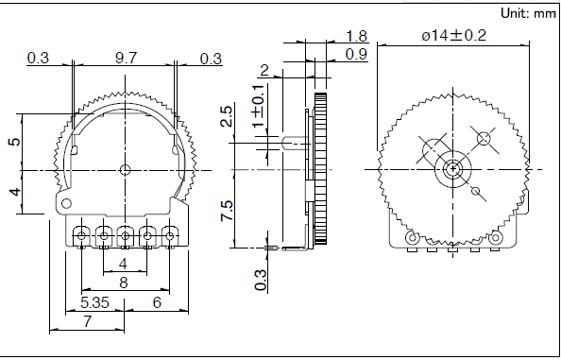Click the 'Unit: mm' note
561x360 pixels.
click(x=528, y=13)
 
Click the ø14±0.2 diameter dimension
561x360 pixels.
click(x=453, y=35)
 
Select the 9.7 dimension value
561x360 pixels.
click(x=126, y=58)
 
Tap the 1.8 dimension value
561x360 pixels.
click(x=357, y=36)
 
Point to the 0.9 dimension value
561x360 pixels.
click(x=357, y=55)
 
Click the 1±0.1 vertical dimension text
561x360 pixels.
click(x=259, y=106)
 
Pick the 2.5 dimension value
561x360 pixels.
click(x=227, y=115)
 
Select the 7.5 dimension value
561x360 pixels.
click(x=227, y=211)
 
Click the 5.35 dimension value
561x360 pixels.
click(x=94, y=302)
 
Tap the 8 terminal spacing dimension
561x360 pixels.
click(x=124, y=283)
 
